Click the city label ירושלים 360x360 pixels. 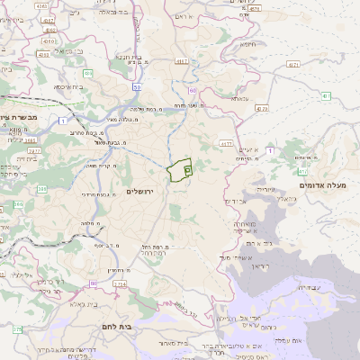(x=140, y=192)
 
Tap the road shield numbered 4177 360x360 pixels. (x=226, y=143)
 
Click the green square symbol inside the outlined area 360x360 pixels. (x=186, y=168)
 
